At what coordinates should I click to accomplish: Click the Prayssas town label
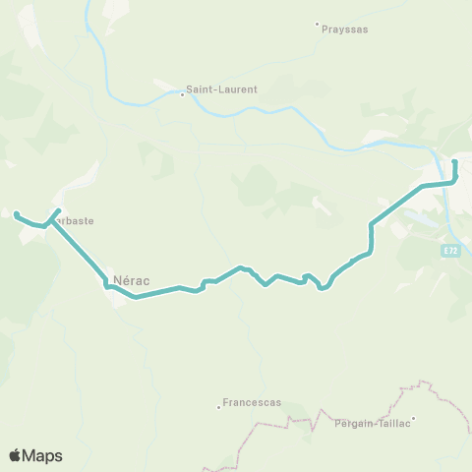[x=345, y=29]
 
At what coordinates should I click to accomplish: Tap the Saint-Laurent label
[x=225, y=88]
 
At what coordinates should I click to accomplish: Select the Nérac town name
[x=131, y=279]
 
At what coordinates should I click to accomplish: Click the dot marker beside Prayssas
[x=317, y=25]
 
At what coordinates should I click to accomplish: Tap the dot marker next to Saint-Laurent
[x=182, y=94]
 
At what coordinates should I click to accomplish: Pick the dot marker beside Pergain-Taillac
[x=414, y=419]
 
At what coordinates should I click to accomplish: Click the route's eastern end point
[x=454, y=161]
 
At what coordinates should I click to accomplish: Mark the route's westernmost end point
[x=16, y=212]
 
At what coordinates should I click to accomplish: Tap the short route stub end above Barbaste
[x=59, y=210]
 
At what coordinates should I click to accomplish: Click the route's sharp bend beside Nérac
[x=105, y=285]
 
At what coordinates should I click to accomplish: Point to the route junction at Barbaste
[x=47, y=224]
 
